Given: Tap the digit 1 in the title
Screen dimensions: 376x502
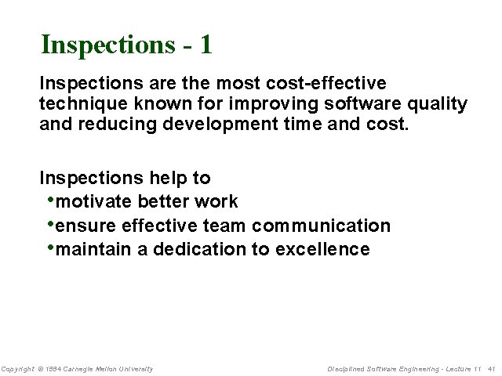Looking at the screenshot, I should coord(206,45).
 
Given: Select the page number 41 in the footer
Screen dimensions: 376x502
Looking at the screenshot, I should coord(492,369).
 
